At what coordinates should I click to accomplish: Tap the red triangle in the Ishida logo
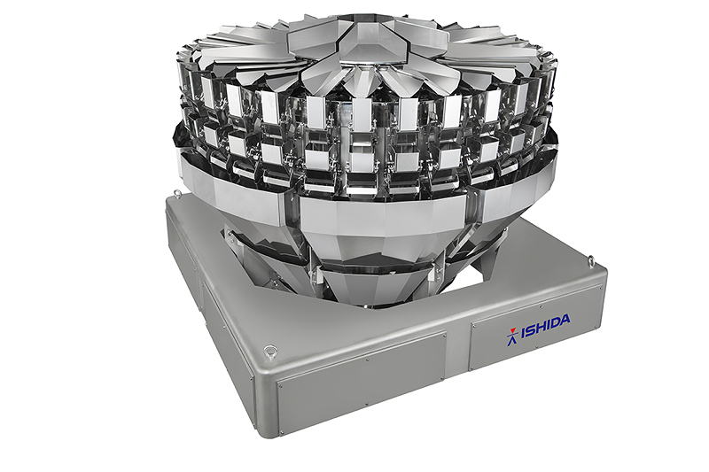pos(512,329)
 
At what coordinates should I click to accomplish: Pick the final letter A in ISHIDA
pos(565,321)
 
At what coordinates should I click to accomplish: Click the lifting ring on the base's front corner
pos(270,351)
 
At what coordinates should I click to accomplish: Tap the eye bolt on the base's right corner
pos(591,260)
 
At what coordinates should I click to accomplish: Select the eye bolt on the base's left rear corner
pos(177,193)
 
